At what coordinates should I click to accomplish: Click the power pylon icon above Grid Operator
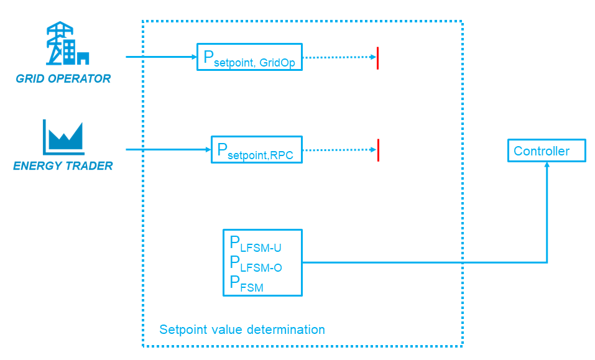click(67, 44)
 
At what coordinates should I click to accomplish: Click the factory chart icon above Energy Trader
click(63, 137)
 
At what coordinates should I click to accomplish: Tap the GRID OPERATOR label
click(63, 79)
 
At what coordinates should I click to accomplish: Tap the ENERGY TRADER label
click(63, 166)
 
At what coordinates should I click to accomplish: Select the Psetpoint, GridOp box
click(249, 57)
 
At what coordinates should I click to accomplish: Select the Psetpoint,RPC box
click(256, 149)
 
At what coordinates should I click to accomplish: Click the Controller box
click(547, 151)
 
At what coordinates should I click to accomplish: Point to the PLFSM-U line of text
click(256, 244)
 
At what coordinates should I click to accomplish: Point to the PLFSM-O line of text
click(256, 264)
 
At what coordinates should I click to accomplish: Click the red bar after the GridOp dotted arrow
click(377, 57)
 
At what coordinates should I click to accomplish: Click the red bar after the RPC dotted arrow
click(378, 150)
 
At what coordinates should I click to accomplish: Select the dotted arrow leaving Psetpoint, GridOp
click(339, 57)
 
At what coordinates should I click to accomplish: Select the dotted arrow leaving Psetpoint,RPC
click(339, 150)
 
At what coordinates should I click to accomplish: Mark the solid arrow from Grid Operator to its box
click(161, 57)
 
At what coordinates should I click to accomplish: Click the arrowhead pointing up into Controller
click(547, 165)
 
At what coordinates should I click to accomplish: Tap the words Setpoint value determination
click(242, 330)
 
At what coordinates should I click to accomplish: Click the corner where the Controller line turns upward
click(547, 262)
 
